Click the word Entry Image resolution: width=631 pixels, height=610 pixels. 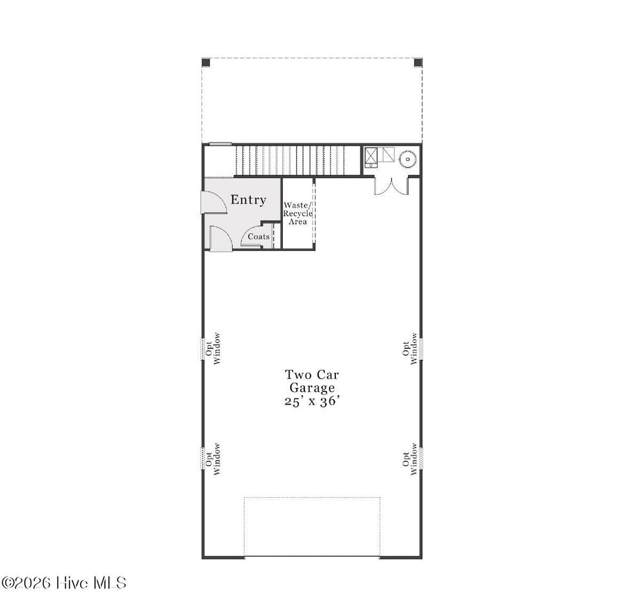(x=248, y=200)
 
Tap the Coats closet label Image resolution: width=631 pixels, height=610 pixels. (x=258, y=236)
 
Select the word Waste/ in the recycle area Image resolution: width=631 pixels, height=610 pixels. (x=298, y=205)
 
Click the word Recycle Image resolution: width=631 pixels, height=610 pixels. (x=298, y=213)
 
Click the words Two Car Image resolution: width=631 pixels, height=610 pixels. (x=312, y=374)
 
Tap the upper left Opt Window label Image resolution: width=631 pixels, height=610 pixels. (x=213, y=348)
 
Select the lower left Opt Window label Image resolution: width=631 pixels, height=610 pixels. (x=213, y=458)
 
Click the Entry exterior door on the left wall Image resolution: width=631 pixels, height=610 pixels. (x=213, y=202)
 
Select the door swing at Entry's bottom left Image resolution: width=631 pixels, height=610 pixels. (x=220, y=238)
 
